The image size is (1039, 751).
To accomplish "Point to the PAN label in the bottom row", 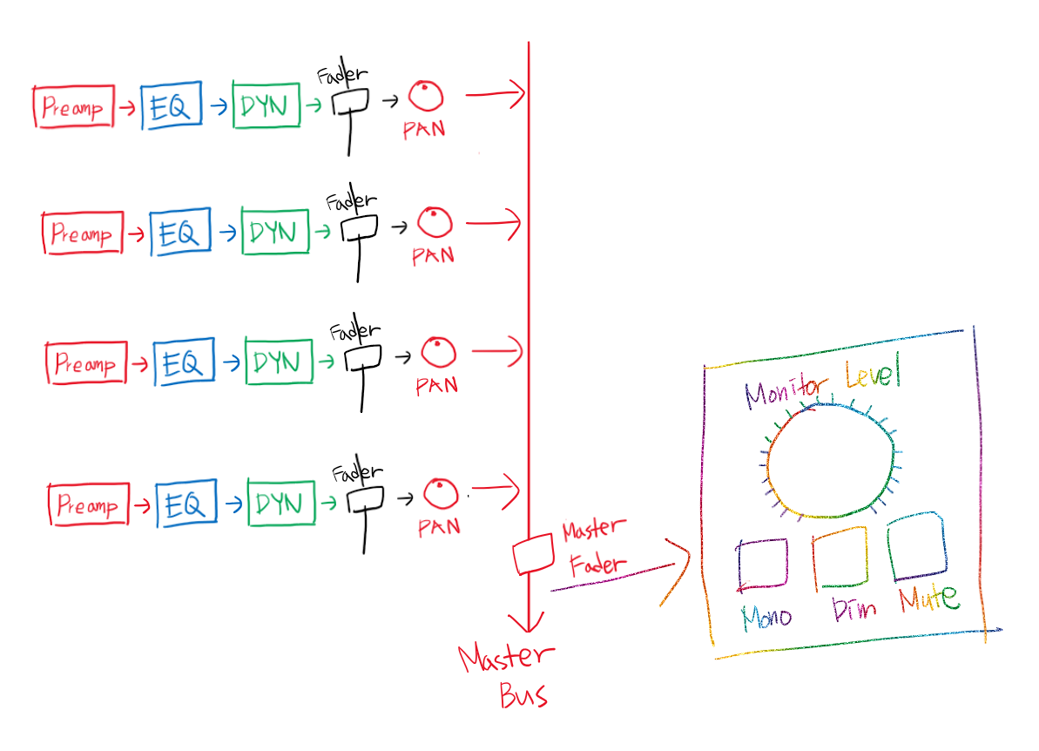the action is tap(439, 527).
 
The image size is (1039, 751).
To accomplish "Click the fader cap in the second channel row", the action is tap(359, 228).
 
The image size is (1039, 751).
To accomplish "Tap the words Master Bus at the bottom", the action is tap(507, 675).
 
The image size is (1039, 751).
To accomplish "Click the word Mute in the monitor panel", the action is tap(929, 599).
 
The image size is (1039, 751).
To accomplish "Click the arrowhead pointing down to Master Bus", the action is tap(528, 622).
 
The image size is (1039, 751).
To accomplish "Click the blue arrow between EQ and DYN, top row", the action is tap(219, 105).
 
